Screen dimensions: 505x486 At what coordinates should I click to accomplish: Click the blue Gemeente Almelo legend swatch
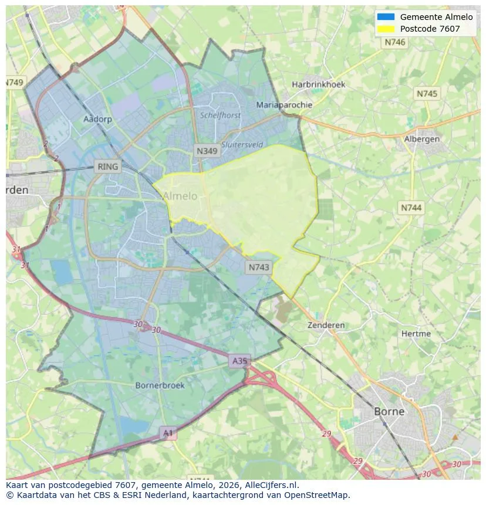(386, 17)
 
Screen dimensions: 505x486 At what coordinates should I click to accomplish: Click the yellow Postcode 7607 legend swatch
(386, 28)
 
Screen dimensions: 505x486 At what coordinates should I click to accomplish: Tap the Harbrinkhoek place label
(319, 84)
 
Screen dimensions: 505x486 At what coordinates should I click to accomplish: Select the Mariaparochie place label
(284, 105)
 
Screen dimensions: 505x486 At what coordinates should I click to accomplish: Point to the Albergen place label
(421, 139)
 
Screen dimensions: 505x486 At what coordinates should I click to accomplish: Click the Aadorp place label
(97, 119)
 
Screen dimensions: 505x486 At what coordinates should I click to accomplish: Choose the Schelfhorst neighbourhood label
(220, 116)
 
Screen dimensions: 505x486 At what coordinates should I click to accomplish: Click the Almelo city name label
(180, 196)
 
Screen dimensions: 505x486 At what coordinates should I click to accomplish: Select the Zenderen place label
(326, 325)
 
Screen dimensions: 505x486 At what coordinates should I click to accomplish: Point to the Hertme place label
(416, 334)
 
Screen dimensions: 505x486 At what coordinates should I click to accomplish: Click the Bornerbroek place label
(160, 385)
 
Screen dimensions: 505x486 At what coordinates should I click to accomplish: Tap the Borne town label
(389, 411)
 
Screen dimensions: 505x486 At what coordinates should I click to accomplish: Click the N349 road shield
(207, 151)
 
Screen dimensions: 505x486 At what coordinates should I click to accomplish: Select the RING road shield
(108, 167)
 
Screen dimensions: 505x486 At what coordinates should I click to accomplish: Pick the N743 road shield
(259, 267)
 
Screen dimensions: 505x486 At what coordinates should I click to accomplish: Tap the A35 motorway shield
(239, 361)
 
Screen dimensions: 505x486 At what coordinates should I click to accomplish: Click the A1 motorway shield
(168, 433)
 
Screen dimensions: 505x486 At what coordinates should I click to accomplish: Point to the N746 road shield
(395, 42)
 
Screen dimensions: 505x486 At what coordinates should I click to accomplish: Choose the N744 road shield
(411, 208)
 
